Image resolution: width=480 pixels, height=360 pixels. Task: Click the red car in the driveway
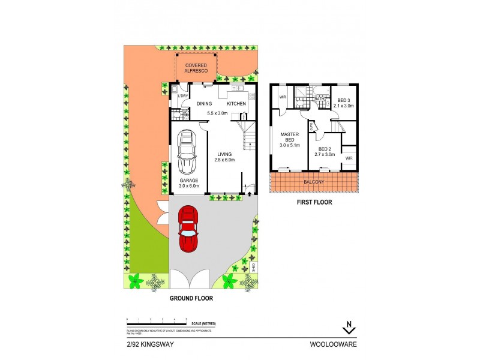[188, 229]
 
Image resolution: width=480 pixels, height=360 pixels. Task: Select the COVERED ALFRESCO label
[196, 68]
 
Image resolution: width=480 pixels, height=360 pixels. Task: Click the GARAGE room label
[188, 180]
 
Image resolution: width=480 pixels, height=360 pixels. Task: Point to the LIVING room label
[224, 154]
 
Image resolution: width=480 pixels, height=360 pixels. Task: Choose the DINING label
[205, 104]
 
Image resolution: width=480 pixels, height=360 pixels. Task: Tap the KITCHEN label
[236, 104]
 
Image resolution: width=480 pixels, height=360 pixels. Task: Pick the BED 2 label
[325, 149]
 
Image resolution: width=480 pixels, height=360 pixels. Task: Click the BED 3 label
[344, 100]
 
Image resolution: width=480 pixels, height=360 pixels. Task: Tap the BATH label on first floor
[320, 99]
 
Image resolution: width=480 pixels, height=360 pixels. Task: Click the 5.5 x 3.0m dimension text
[218, 113]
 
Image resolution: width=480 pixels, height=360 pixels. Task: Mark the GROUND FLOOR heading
[191, 297]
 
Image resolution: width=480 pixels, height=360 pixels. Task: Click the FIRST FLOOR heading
[314, 202]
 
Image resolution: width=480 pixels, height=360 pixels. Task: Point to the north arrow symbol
[349, 328]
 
